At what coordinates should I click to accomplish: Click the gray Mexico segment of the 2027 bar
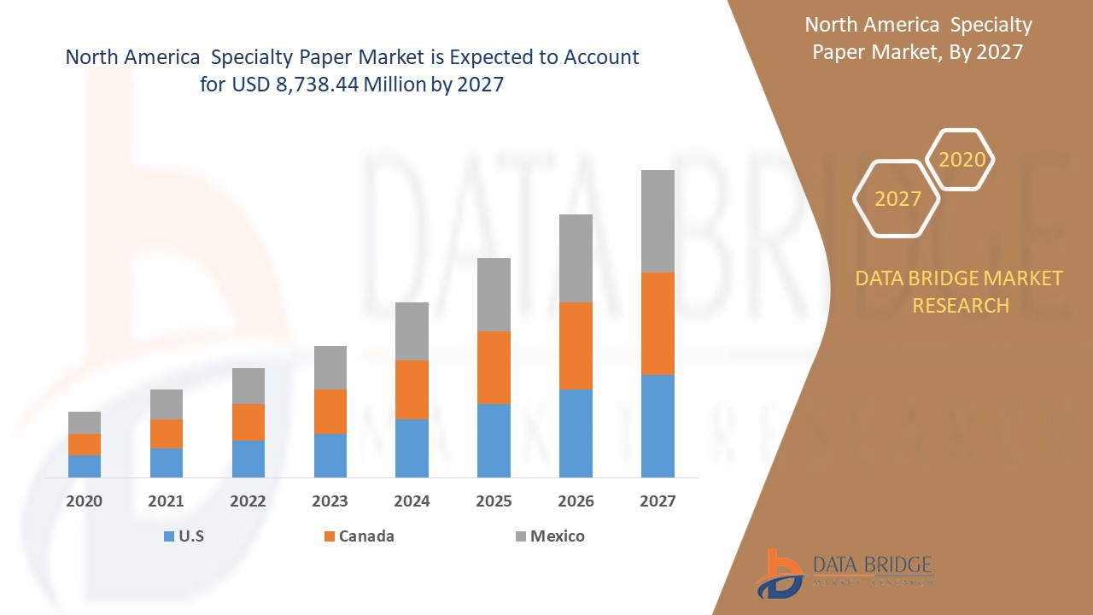(x=658, y=221)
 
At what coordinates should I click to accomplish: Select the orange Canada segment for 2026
(x=576, y=346)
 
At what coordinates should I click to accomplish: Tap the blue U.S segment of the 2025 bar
(x=494, y=441)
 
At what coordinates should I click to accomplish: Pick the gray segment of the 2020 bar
(x=85, y=423)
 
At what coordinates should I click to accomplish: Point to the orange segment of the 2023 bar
(x=330, y=412)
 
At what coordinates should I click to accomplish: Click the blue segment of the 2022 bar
(x=248, y=459)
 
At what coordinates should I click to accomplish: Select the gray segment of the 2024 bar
(x=412, y=331)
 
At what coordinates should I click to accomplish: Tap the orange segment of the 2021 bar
(x=167, y=434)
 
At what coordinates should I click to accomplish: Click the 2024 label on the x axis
(x=412, y=501)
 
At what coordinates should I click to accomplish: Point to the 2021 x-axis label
(x=167, y=501)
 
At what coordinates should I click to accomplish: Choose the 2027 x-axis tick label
(x=658, y=501)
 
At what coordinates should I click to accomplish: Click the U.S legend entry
(x=184, y=536)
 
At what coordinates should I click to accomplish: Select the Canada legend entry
(x=359, y=536)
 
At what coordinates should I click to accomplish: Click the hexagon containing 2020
(x=961, y=160)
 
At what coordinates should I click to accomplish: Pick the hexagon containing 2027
(x=897, y=199)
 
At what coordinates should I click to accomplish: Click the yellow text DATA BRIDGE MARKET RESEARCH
(x=959, y=291)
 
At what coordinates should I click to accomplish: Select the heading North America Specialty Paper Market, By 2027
(x=918, y=38)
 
